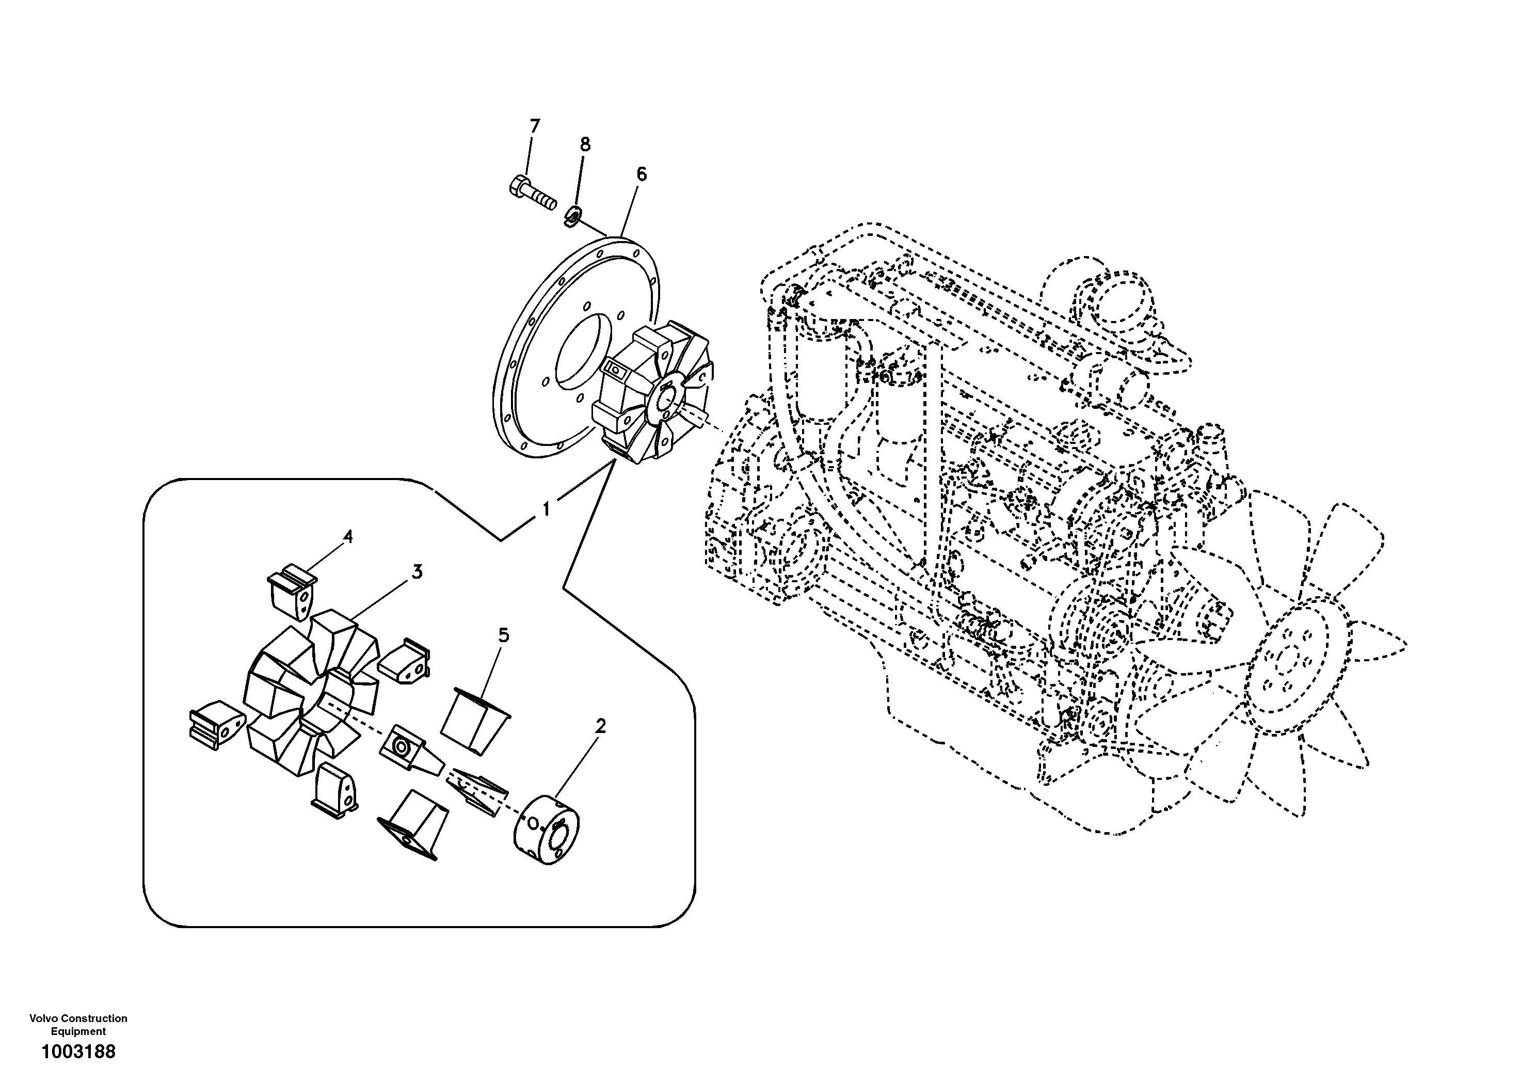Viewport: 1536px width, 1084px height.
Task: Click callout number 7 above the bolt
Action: tap(534, 126)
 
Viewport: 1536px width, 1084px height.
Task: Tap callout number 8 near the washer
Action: tap(585, 145)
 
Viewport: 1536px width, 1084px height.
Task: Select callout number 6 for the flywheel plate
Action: tap(641, 174)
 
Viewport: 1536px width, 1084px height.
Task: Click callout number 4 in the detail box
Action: tap(347, 537)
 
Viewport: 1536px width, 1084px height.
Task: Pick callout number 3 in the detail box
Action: tap(417, 572)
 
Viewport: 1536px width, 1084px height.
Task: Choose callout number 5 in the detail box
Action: tap(503, 635)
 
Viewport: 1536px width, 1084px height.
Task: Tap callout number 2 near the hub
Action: tap(600, 726)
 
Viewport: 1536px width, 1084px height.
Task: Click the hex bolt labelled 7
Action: tap(531, 193)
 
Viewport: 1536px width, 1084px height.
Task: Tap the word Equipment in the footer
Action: tap(78, 1031)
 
